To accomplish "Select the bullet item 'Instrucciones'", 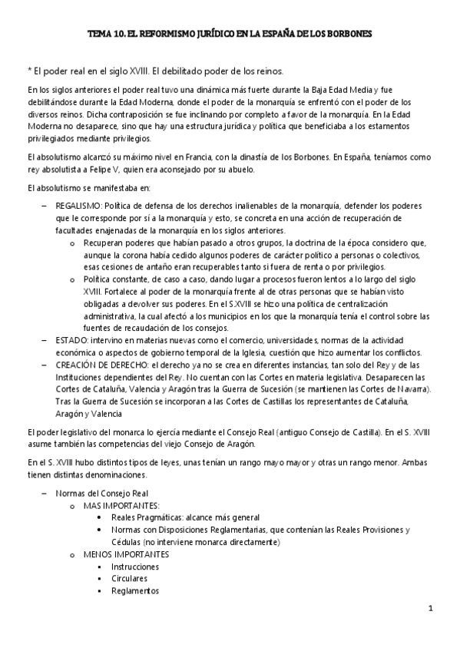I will pyautogui.click(x=134, y=567).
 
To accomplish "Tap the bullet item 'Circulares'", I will pyautogui.click(x=128, y=579).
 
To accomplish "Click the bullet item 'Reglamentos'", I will pyautogui.click(x=134, y=591).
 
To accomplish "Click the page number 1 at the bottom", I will pyautogui.click(x=432, y=609).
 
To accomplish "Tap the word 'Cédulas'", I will pyautogui.click(x=128, y=542).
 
